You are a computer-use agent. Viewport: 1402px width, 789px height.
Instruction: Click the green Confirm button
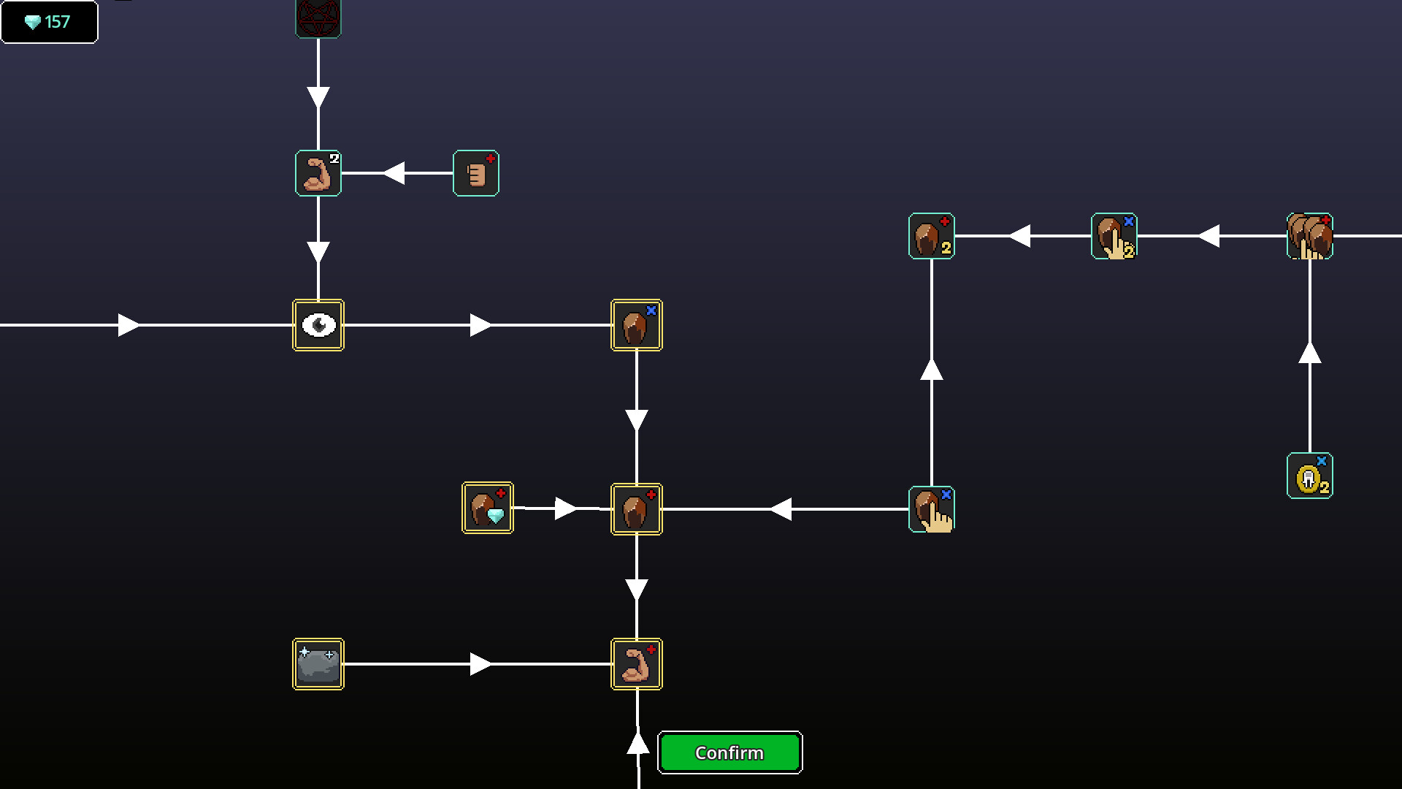tap(729, 752)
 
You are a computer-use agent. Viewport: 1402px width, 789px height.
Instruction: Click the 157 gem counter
tap(49, 22)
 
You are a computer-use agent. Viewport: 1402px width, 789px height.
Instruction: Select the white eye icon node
tap(318, 325)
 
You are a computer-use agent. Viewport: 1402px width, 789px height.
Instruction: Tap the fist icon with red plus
tap(476, 173)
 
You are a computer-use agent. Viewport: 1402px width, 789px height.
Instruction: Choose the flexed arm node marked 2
tap(318, 173)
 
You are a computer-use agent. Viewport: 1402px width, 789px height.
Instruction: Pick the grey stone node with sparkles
tap(318, 664)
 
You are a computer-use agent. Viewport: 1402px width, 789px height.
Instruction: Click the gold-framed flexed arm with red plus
tap(637, 664)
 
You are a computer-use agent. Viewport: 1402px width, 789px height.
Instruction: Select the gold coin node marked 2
tap(1310, 476)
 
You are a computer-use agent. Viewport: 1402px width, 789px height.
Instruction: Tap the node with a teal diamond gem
tap(488, 508)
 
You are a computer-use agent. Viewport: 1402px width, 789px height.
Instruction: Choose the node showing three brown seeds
tap(1310, 236)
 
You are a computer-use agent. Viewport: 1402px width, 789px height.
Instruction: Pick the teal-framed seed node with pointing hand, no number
tap(932, 509)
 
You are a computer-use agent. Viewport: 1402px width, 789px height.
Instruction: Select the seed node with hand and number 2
tap(1114, 236)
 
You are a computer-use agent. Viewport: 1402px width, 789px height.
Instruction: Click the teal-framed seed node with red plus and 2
tap(932, 236)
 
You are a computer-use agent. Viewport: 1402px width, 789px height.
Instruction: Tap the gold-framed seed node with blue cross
tap(637, 325)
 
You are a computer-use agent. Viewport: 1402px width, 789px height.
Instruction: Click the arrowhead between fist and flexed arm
tap(394, 173)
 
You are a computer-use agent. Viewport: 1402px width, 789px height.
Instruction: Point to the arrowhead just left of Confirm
tap(638, 744)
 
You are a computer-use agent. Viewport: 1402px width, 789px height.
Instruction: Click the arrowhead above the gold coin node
tap(1310, 353)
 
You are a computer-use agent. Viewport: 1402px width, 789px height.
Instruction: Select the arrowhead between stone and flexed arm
tap(480, 664)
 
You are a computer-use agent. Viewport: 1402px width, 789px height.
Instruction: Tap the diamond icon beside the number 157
tap(33, 23)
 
